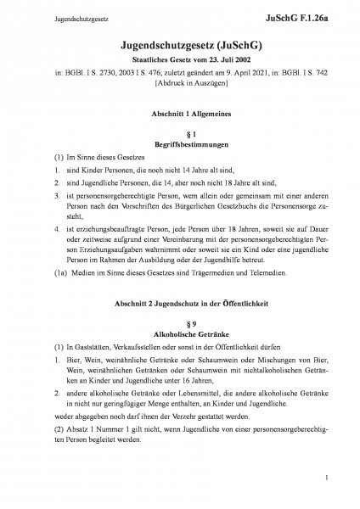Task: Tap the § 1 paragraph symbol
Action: coord(180,135)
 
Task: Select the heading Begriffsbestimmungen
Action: coord(180,145)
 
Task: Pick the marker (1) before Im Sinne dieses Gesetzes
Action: coord(35,159)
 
